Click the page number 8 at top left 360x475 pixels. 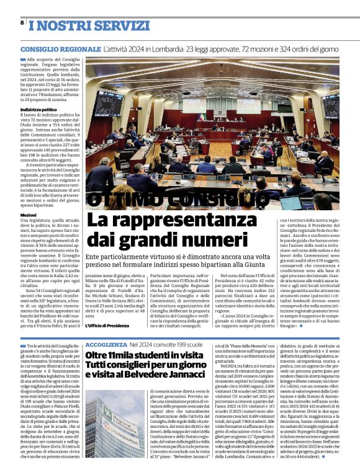tap(22, 22)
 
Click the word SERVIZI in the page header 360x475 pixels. tap(100, 26)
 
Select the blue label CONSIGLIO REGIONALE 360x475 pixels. tap(60, 48)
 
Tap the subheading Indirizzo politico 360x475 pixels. tap(38, 109)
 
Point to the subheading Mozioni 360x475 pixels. tap(29, 215)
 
